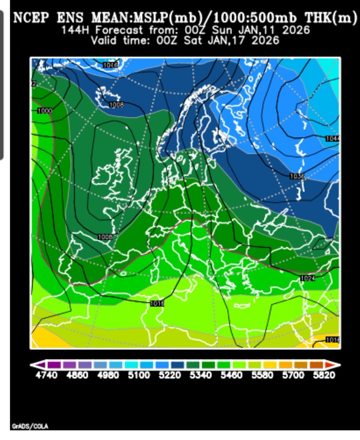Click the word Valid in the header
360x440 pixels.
coord(104,40)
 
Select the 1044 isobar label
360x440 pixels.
coord(333,138)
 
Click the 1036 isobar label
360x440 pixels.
coord(297,176)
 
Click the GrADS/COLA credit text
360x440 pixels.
coord(30,426)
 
